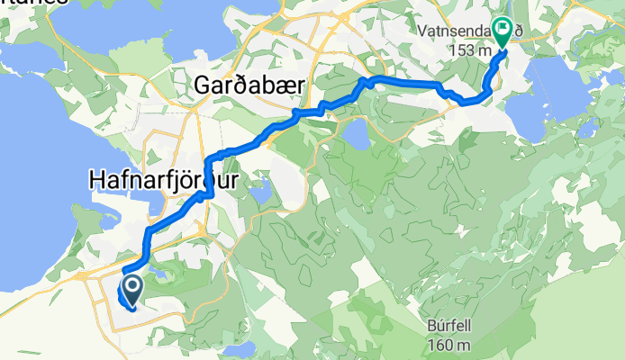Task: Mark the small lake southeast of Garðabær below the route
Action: [x=354, y=136]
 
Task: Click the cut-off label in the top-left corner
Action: [x=33, y=3]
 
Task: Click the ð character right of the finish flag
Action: [x=517, y=30]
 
